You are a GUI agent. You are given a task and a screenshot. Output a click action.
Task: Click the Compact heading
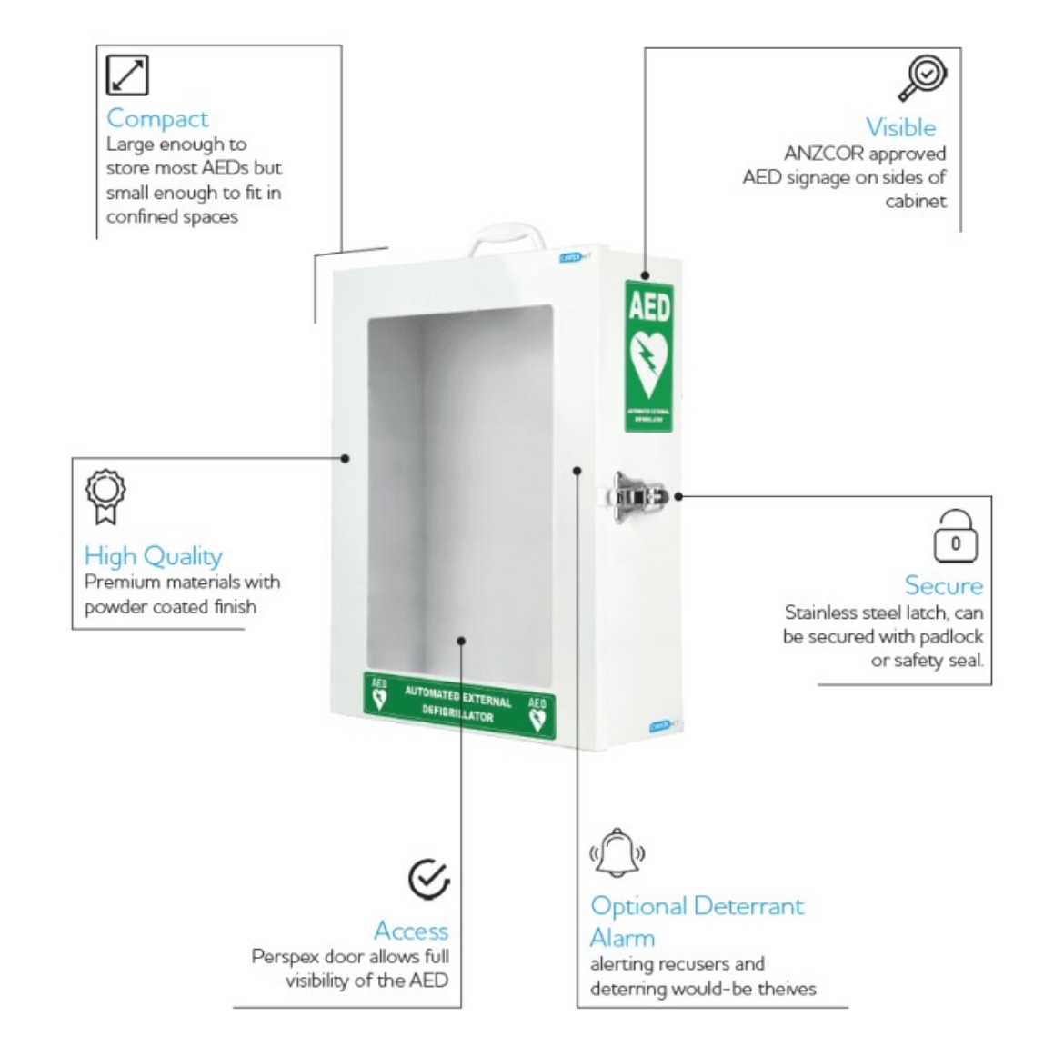click(157, 118)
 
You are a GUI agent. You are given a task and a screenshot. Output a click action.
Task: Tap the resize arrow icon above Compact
click(127, 75)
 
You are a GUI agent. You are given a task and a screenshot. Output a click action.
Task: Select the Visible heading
click(900, 127)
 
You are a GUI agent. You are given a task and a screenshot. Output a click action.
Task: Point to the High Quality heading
click(153, 555)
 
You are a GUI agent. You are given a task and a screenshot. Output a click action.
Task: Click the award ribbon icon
click(105, 496)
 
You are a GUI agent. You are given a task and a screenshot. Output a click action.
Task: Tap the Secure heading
click(943, 585)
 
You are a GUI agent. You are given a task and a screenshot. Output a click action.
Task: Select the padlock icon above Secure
click(955, 537)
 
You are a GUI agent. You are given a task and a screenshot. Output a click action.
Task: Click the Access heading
click(411, 931)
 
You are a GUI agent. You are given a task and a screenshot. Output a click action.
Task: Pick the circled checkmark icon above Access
click(428, 879)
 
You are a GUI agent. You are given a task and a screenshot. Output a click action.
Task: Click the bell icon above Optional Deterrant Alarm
click(618, 852)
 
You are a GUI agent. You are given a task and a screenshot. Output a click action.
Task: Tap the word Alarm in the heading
click(622, 937)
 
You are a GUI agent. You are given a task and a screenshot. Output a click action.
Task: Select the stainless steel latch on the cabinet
click(639, 495)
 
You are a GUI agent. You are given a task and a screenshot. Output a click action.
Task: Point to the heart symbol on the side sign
click(649, 364)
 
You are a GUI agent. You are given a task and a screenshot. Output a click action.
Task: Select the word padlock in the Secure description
click(950, 636)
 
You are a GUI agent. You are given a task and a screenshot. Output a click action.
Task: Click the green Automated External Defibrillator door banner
click(459, 703)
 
